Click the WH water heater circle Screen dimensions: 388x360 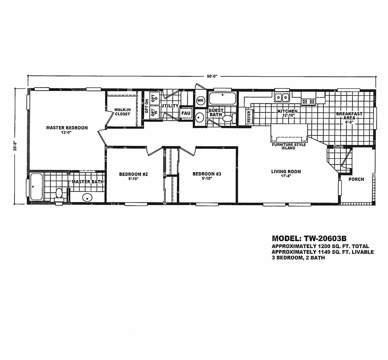pos(200,101)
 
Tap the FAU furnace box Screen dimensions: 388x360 pos(186,113)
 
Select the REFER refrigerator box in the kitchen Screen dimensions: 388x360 pos(249,116)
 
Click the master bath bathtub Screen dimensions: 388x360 pos(36,187)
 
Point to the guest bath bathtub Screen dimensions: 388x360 pos(223,98)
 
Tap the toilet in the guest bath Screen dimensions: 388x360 pos(229,118)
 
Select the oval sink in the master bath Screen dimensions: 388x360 pos(87,197)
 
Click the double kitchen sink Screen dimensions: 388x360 pos(282,97)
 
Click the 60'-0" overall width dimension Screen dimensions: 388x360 pos(212,76)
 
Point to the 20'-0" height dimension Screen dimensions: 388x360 pos(16,146)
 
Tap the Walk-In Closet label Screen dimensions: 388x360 pos(122,112)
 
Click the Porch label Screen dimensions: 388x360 pos(356,179)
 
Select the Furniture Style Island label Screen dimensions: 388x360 pos(289,146)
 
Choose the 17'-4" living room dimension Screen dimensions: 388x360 pos(286,176)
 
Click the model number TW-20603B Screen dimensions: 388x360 pos(325,239)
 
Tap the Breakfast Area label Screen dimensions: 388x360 pos(349,116)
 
